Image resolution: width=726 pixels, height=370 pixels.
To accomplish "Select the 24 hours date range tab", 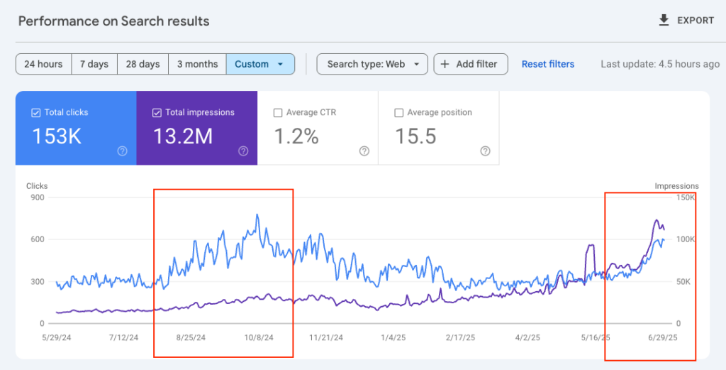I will [43, 64].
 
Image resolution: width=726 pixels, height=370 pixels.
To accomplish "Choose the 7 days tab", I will [94, 64].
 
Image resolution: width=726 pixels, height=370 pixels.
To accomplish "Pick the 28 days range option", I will [143, 64].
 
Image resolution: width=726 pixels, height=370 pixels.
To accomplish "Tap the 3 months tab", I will [197, 64].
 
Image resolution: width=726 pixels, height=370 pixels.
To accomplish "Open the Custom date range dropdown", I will [259, 64].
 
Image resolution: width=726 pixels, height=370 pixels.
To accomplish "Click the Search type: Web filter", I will [372, 64].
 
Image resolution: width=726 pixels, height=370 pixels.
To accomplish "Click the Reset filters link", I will [548, 64].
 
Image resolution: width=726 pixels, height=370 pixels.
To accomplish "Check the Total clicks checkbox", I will [36, 112].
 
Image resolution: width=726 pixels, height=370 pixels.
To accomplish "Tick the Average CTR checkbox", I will [278, 112].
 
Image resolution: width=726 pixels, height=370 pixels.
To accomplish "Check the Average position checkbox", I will [398, 112].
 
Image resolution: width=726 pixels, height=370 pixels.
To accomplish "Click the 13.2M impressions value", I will [183, 136].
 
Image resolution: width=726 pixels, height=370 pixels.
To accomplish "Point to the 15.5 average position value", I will [415, 136].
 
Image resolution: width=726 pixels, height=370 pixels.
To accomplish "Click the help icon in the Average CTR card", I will [364, 151].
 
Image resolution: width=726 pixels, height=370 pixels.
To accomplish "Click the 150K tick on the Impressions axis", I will [685, 197].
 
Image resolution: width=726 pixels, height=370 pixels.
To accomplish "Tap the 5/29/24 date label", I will [57, 338].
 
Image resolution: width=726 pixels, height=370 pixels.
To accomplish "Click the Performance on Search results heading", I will [113, 21].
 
